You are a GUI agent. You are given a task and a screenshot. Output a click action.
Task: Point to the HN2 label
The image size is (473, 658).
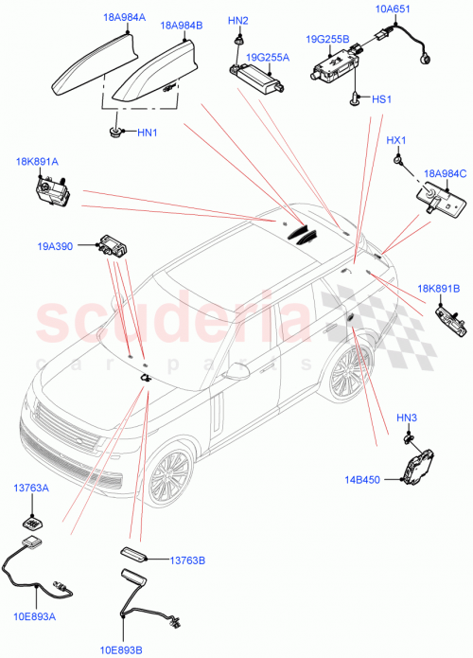[238, 20]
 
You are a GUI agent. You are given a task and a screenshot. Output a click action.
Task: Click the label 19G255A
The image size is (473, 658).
[268, 57]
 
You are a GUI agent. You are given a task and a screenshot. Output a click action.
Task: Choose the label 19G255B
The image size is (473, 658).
[327, 39]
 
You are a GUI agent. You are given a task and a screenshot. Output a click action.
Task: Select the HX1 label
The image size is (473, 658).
[396, 141]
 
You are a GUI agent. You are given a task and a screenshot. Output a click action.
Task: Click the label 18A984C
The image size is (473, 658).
[446, 173]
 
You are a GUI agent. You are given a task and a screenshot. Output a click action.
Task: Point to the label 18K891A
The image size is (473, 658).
[37, 163]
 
